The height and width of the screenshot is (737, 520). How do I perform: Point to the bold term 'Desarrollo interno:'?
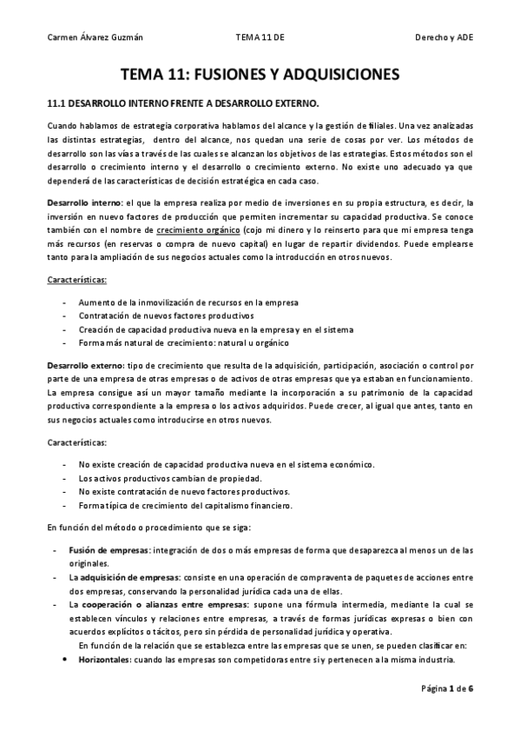[85, 202]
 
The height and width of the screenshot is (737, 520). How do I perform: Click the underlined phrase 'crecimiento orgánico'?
[197, 229]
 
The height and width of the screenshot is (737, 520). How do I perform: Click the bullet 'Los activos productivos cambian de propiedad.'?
[169, 478]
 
